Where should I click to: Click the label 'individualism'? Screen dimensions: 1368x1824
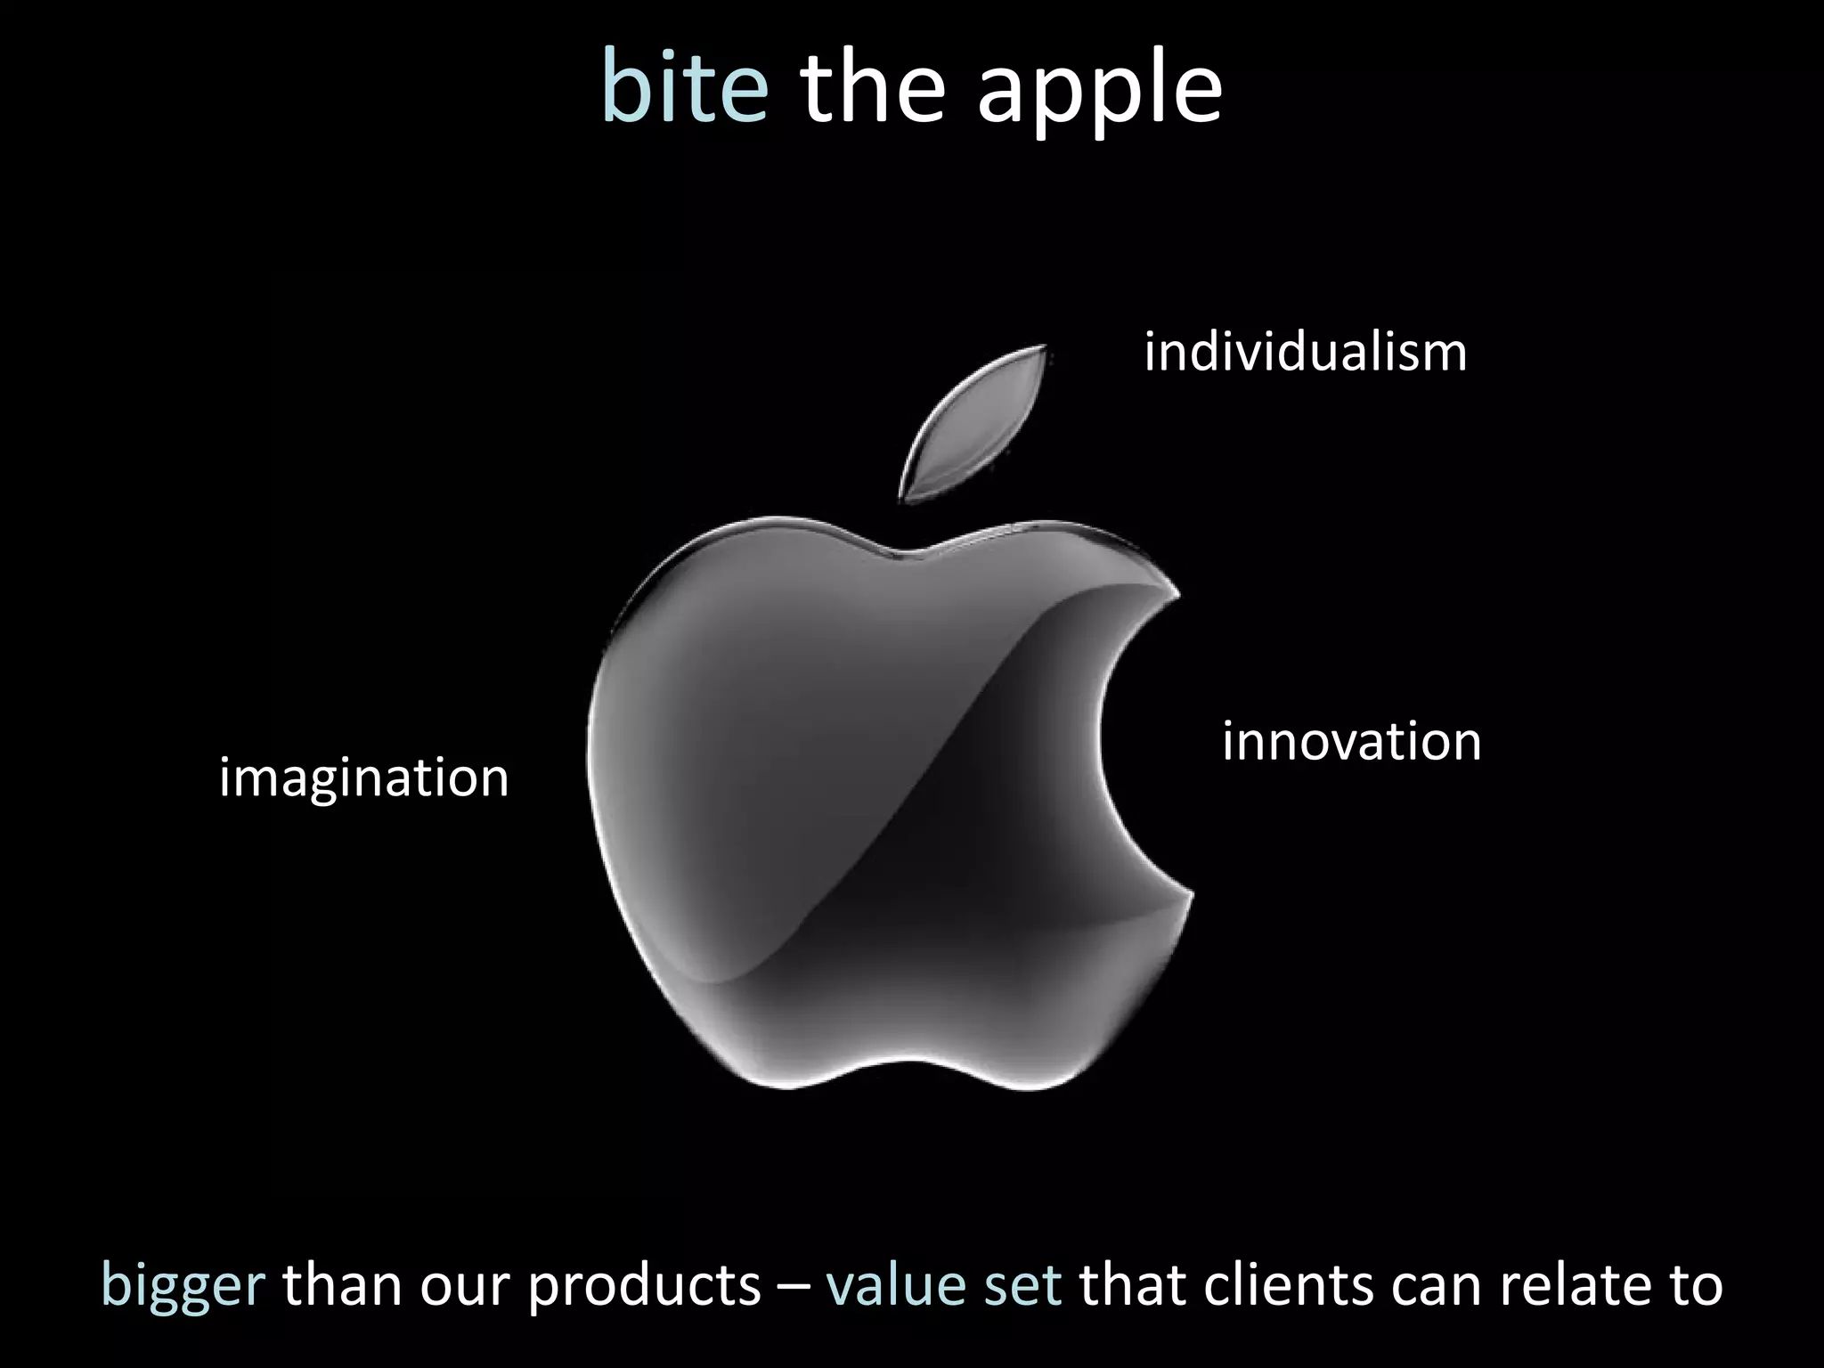1305,352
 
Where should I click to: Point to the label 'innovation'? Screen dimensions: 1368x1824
1351,741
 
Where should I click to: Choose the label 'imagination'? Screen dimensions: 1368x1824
363,778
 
